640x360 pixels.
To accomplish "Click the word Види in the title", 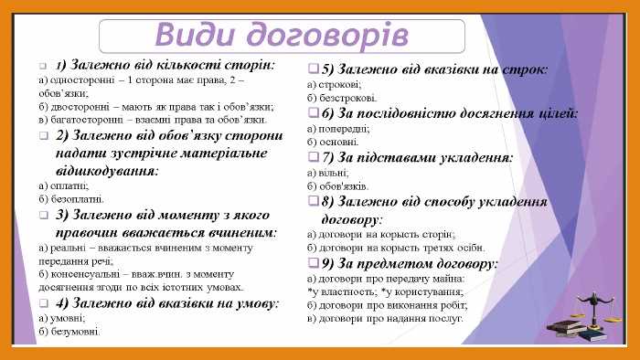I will point(189,34).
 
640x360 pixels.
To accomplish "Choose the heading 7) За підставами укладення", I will point(417,157).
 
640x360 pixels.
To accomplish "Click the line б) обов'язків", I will point(338,186).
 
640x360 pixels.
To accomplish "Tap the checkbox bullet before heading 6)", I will point(314,113).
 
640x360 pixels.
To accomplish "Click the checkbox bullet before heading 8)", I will point(314,201).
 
